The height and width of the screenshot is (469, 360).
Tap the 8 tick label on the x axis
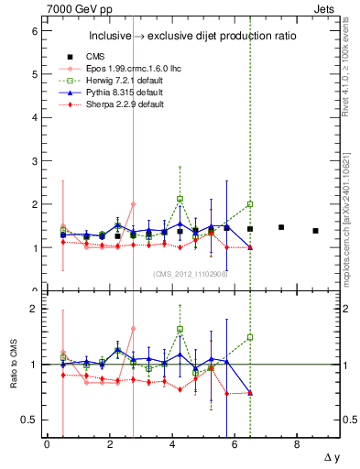click(x=297, y=444)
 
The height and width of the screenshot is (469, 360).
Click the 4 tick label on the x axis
click(x=172, y=444)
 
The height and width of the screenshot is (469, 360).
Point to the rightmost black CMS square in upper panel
click(x=315, y=231)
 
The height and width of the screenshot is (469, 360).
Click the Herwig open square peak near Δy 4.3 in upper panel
click(x=180, y=199)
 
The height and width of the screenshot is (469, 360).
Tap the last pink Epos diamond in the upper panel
click(x=133, y=204)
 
